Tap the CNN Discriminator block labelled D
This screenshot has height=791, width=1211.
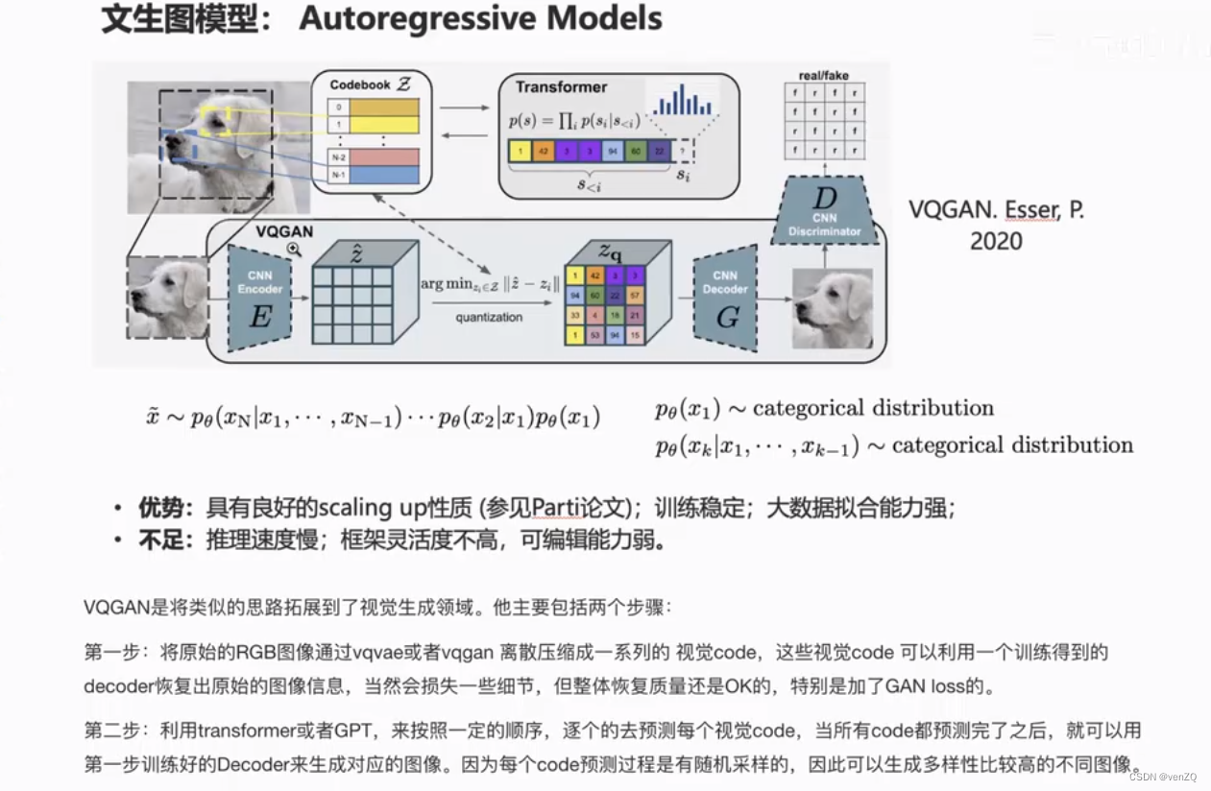pyautogui.click(x=825, y=211)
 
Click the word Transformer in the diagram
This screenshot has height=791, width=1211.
pyautogui.click(x=561, y=87)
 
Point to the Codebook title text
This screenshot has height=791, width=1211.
pyautogui.click(x=360, y=84)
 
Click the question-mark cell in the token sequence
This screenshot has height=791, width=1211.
pyautogui.click(x=683, y=152)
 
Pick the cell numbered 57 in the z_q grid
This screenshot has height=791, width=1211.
pyautogui.click(x=635, y=297)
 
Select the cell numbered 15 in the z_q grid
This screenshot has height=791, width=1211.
pyautogui.click(x=635, y=336)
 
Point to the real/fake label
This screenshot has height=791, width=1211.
pyautogui.click(x=824, y=75)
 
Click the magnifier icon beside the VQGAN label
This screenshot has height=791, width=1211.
pyautogui.click(x=294, y=249)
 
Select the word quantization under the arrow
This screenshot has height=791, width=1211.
pyautogui.click(x=489, y=318)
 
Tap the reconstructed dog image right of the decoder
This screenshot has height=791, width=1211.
pyautogui.click(x=832, y=308)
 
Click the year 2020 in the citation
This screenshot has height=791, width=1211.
pyautogui.click(x=996, y=240)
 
